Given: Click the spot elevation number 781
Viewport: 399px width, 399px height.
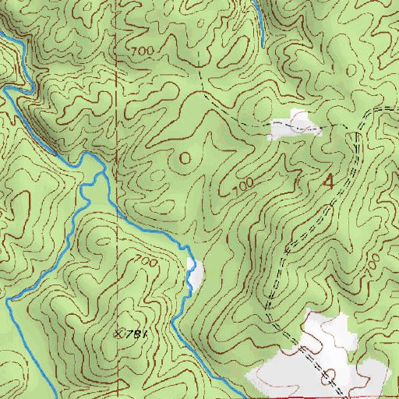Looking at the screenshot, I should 137,334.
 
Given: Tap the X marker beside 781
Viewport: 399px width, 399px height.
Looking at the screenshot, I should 118,333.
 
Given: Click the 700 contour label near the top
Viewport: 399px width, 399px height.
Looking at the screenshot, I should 140,51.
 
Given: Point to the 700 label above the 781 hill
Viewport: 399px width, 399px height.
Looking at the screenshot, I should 147,262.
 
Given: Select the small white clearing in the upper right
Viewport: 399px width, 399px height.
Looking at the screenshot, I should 295,125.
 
